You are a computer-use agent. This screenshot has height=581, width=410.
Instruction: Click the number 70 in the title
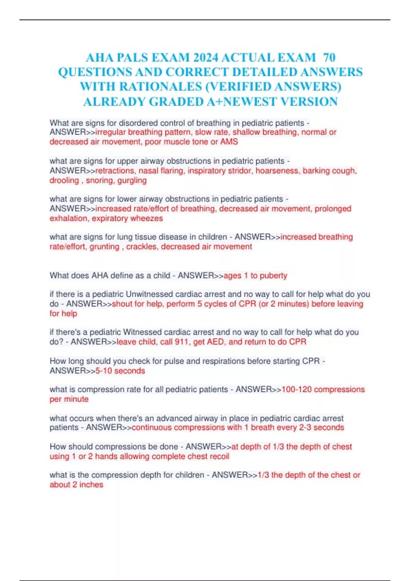point(329,57)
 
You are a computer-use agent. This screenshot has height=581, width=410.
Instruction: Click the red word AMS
point(229,142)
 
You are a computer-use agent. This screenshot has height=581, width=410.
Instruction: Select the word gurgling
point(132,180)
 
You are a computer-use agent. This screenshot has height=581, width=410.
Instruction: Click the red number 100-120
point(296,390)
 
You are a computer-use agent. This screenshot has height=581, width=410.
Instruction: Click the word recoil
point(219,457)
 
